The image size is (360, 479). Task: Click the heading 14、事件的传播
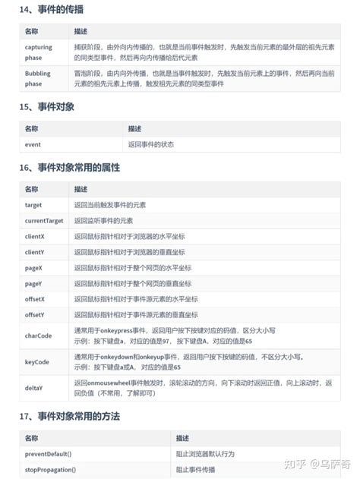coord(52,10)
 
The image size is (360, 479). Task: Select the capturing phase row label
coord(39,52)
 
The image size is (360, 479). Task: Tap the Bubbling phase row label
coord(38,78)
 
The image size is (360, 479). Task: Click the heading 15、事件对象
coord(47,106)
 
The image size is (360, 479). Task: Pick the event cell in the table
coord(33,143)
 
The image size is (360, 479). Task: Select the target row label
coord(33,204)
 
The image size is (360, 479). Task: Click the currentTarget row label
coord(44,220)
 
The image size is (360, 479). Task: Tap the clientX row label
coord(35,236)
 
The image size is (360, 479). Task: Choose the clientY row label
coord(35,251)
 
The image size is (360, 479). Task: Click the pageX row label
coord(34,267)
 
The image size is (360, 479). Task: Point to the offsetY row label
coord(35,314)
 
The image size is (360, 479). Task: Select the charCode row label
coord(38,335)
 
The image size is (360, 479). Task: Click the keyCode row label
coord(37,361)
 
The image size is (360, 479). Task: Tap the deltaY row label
coord(34,388)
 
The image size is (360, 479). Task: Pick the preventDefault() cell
coord(49,453)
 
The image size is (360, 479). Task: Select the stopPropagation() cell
coord(50,469)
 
